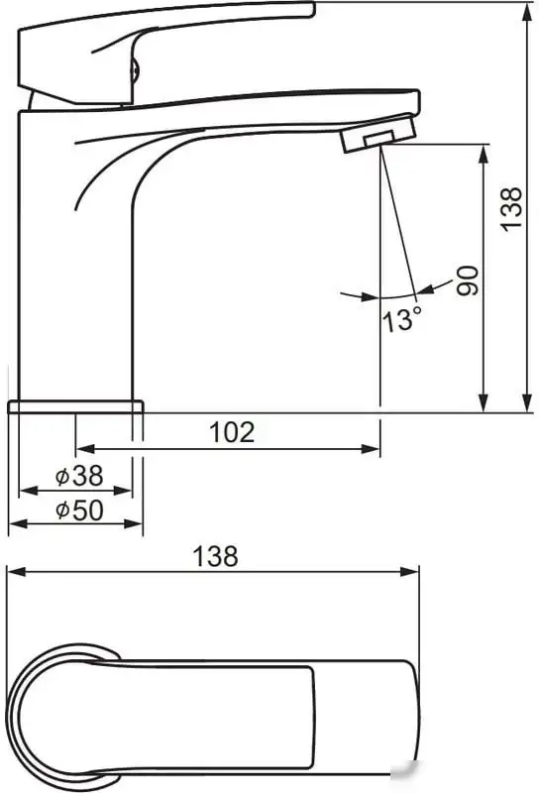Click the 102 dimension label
click(232, 432)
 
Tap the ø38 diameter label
click(79, 476)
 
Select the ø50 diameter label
click(79, 510)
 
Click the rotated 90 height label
click(468, 281)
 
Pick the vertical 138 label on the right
click(511, 209)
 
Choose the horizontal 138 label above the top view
click(215, 556)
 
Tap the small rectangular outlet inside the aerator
click(380, 138)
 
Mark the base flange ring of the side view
click(76, 406)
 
